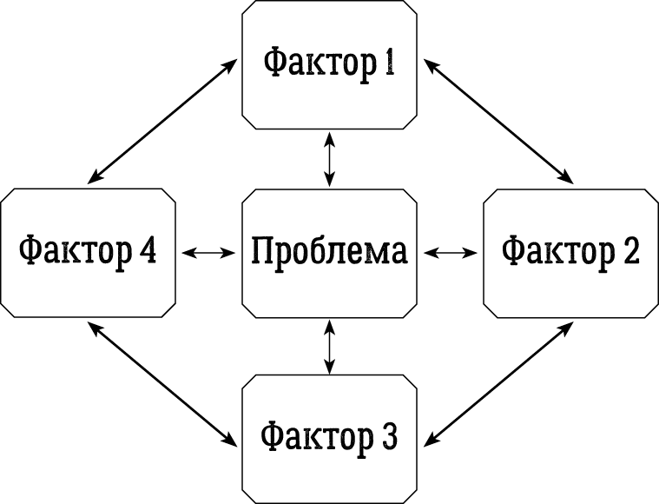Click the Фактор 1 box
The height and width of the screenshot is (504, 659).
click(329, 65)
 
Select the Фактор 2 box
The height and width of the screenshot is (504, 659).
click(570, 252)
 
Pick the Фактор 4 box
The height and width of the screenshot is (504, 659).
click(88, 252)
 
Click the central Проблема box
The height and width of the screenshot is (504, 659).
click(329, 252)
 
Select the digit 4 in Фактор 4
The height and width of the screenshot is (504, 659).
click(147, 250)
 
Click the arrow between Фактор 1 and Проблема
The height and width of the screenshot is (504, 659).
click(329, 158)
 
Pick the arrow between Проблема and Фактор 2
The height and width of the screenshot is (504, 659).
click(450, 253)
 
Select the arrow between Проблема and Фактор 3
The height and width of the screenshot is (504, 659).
click(329, 347)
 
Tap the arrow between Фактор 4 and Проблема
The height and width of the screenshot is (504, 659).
click(208, 253)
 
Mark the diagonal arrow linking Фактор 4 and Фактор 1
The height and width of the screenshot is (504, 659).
click(162, 121)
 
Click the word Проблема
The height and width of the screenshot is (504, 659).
click(329, 252)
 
